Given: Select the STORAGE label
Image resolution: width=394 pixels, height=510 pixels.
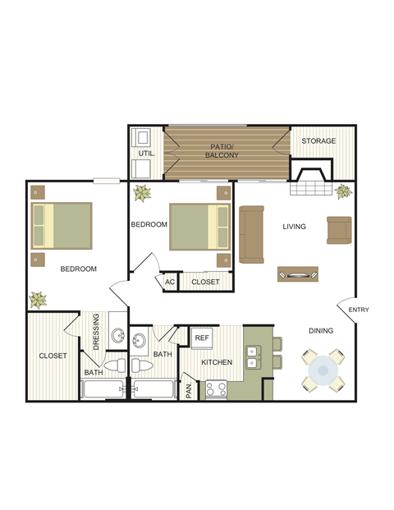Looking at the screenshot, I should pos(318,141).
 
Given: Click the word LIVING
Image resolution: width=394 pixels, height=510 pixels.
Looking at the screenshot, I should pos(294,227).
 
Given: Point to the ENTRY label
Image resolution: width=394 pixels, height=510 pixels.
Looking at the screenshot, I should pos(359,310).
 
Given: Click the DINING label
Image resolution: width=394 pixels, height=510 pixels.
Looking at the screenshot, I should pos(321,331).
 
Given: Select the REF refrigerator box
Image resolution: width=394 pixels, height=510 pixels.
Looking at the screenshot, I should pos(202,337).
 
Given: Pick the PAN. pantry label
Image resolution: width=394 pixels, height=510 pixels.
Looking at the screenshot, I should pos(189,388).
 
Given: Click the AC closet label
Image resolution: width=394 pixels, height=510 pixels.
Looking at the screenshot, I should pos(170,282).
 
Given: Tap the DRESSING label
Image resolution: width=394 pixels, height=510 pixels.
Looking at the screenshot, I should pos(96,331).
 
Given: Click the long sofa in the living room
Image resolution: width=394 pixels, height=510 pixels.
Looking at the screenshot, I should pos(251,234).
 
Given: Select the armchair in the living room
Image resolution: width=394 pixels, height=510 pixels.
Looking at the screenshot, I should pos(338,230).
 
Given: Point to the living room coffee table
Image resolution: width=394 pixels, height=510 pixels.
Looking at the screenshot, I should pos(298,273).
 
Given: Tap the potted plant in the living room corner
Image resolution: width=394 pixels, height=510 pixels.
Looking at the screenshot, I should pos(343,193).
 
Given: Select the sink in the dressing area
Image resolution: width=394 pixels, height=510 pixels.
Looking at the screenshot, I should pos(118,336).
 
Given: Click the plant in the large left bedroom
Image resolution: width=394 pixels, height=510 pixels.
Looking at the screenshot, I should pos(38,300).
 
